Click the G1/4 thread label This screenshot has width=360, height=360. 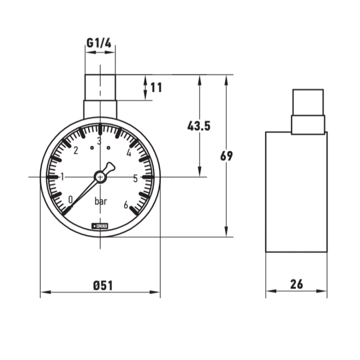click(x=99, y=43)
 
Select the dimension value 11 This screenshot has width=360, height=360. click(x=156, y=87)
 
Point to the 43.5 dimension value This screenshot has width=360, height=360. click(x=198, y=126)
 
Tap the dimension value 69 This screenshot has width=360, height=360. click(x=226, y=156)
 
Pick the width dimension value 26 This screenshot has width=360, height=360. click(x=297, y=284)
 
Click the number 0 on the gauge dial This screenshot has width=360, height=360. click(x=70, y=199)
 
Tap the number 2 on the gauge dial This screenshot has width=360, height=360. click(x=76, y=151)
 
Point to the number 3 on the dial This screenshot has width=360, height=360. click(x=99, y=139)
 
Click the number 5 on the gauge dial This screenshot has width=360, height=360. click(x=135, y=178)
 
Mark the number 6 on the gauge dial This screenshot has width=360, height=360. click(x=126, y=205)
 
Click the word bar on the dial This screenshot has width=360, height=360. click(x=100, y=202)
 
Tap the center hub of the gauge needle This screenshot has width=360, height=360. click(x=100, y=177)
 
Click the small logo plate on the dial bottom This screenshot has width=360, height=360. click(x=99, y=225)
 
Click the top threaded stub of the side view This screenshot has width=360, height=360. click(x=308, y=102)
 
